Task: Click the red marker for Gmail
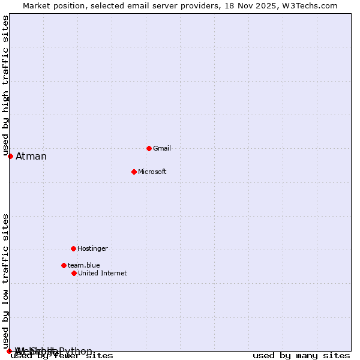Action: [149, 148]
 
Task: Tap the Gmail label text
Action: [162, 149]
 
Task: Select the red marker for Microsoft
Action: [134, 172]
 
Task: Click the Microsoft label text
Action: [152, 172]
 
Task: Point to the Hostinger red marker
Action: [73, 248]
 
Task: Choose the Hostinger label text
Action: [92, 249]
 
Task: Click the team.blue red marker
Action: [64, 265]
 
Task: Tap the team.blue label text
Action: [83, 266]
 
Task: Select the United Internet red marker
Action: [74, 273]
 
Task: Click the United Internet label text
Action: [102, 274]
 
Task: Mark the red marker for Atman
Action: [10, 156]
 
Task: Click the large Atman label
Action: [31, 157]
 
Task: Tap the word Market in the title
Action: [37, 6]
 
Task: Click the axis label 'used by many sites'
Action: [301, 356]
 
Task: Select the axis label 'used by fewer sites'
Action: [62, 356]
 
